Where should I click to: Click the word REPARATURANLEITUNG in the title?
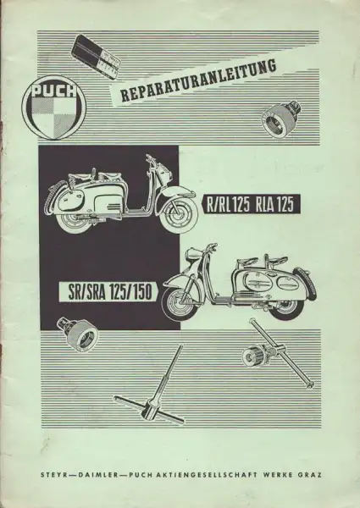(198, 80)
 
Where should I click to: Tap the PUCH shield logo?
(54, 108)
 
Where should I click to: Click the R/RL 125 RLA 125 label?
(250, 204)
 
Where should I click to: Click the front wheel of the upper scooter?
(180, 216)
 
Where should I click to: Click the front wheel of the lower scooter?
(178, 304)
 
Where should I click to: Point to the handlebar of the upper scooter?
(153, 160)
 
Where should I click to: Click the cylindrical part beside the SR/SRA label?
(77, 334)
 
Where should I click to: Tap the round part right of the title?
(281, 119)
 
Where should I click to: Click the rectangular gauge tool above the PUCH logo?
(97, 58)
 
